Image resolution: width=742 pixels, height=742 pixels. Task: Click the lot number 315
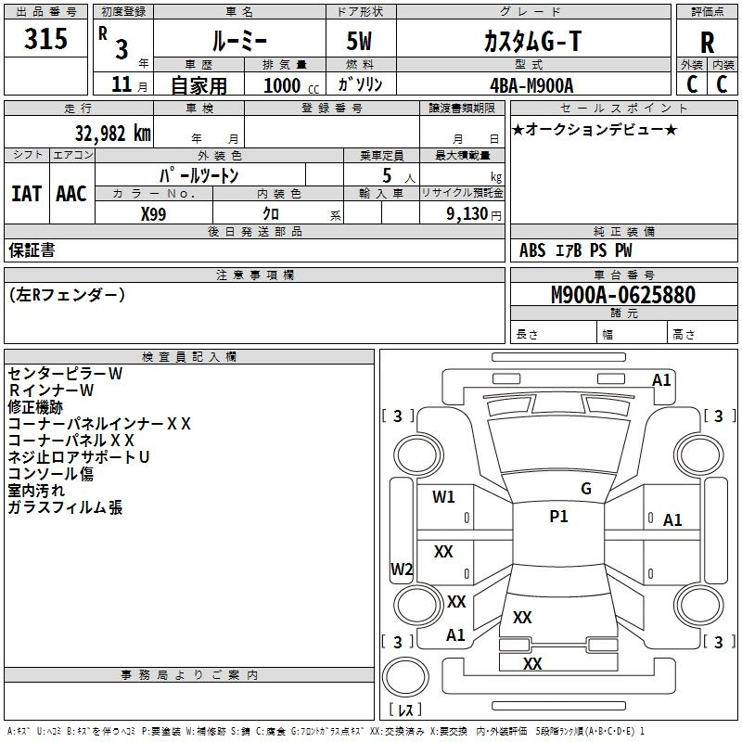point(46,39)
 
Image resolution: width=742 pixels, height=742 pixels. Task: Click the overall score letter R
point(707,43)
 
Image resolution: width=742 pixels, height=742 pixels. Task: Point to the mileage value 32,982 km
point(107,133)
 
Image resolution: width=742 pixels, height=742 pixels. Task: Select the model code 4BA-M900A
point(531,84)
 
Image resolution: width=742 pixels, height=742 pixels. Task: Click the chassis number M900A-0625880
point(622,295)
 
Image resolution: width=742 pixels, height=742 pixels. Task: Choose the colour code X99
point(154,213)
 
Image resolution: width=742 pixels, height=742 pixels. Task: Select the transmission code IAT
point(26,194)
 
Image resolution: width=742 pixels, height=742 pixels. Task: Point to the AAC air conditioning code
point(71,194)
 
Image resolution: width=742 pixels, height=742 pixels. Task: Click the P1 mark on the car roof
point(558,517)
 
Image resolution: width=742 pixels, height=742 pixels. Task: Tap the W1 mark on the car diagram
point(443,496)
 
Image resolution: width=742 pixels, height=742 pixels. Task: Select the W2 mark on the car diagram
point(402,569)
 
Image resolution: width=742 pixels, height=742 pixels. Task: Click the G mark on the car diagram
point(585,488)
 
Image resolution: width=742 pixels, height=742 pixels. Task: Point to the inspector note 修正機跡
point(35,407)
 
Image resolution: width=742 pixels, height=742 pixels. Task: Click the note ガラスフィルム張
point(65,507)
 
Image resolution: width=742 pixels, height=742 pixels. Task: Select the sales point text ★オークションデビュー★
point(595,129)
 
